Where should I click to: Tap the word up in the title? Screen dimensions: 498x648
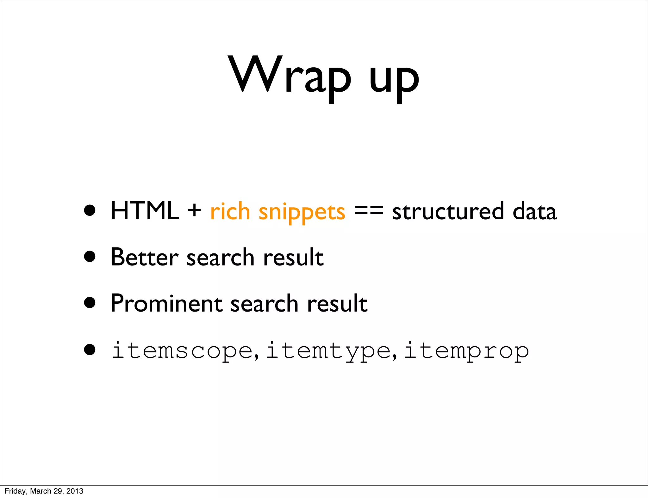(x=394, y=79)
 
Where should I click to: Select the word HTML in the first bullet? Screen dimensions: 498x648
(x=145, y=211)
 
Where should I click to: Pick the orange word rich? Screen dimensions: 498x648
(x=230, y=211)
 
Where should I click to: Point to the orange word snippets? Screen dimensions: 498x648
(x=302, y=213)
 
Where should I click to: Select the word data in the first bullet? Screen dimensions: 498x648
(x=534, y=211)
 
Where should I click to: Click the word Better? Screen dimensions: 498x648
(x=144, y=257)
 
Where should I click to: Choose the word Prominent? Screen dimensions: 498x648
(x=166, y=303)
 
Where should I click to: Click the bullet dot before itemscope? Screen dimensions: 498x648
(x=90, y=350)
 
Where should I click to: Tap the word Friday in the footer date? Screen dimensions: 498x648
(x=15, y=491)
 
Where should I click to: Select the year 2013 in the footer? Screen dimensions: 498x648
(x=75, y=491)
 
